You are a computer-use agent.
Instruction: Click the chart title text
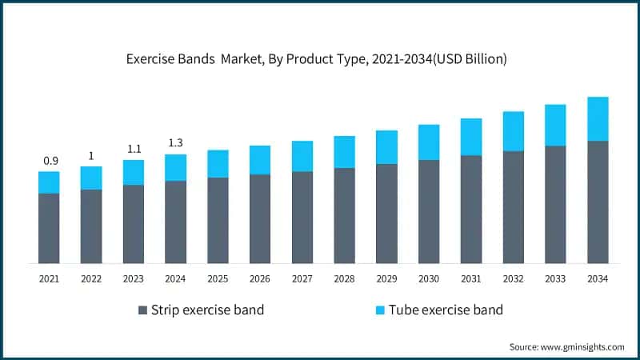[x=320, y=59]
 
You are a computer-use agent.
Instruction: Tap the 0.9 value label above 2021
[x=50, y=161]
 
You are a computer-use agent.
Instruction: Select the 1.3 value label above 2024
[x=176, y=143]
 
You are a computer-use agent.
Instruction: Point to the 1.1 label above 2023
[x=134, y=149]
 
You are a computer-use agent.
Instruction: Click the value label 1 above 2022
[x=91, y=155]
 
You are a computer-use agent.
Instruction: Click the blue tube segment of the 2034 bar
[x=598, y=118]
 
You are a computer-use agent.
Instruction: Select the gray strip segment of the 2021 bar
[x=49, y=228]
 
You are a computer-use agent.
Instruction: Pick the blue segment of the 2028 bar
[x=344, y=152]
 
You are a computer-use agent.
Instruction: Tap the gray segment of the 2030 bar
[x=429, y=211]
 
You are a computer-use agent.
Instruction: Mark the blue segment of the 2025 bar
[x=218, y=163]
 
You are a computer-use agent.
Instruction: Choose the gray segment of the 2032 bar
[x=513, y=206]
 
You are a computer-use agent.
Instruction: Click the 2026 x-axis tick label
[x=260, y=278]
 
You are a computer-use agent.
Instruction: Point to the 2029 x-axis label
[x=386, y=278]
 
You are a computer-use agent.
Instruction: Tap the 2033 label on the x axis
[x=555, y=278]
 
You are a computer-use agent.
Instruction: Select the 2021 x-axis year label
[x=49, y=278]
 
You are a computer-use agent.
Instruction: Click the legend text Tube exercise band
[x=446, y=310]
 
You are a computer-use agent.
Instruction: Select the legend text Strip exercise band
[x=208, y=310]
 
